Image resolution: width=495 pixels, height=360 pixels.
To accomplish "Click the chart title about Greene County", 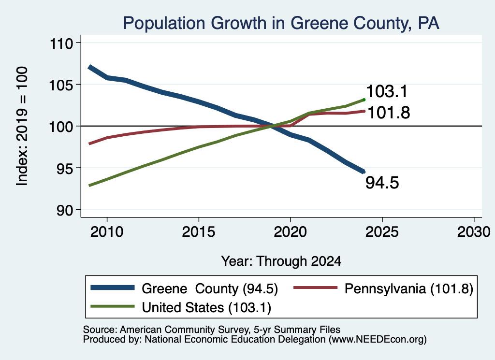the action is pos(281,23).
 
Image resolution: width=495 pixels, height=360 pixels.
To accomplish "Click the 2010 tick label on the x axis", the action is pos(107,232).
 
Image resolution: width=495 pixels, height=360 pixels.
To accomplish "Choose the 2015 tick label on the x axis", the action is pos(199,232).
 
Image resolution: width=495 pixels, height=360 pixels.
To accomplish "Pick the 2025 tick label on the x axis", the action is pos(382,232).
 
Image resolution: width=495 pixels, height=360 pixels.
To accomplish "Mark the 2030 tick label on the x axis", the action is pos(474,232).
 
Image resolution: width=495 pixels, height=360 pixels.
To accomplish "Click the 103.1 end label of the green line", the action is pos(387,91).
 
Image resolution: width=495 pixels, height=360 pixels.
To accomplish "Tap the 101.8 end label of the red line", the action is pos(389,113).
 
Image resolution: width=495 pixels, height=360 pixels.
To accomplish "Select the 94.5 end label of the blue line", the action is pos(382,183).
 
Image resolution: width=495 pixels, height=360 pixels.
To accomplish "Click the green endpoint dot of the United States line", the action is pos(364,100).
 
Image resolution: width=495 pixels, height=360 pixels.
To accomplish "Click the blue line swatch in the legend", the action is pos(112,288).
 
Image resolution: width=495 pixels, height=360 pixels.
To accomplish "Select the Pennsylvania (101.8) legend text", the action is pos(409,288).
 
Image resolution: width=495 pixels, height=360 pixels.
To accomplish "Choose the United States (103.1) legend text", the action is pos(206,308).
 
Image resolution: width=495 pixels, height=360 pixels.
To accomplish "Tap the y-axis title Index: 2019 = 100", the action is pos(22,126).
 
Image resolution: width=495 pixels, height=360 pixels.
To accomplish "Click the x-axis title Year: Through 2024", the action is pos(281,261).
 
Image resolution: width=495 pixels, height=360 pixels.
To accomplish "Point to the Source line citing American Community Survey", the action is pos(212,330).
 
